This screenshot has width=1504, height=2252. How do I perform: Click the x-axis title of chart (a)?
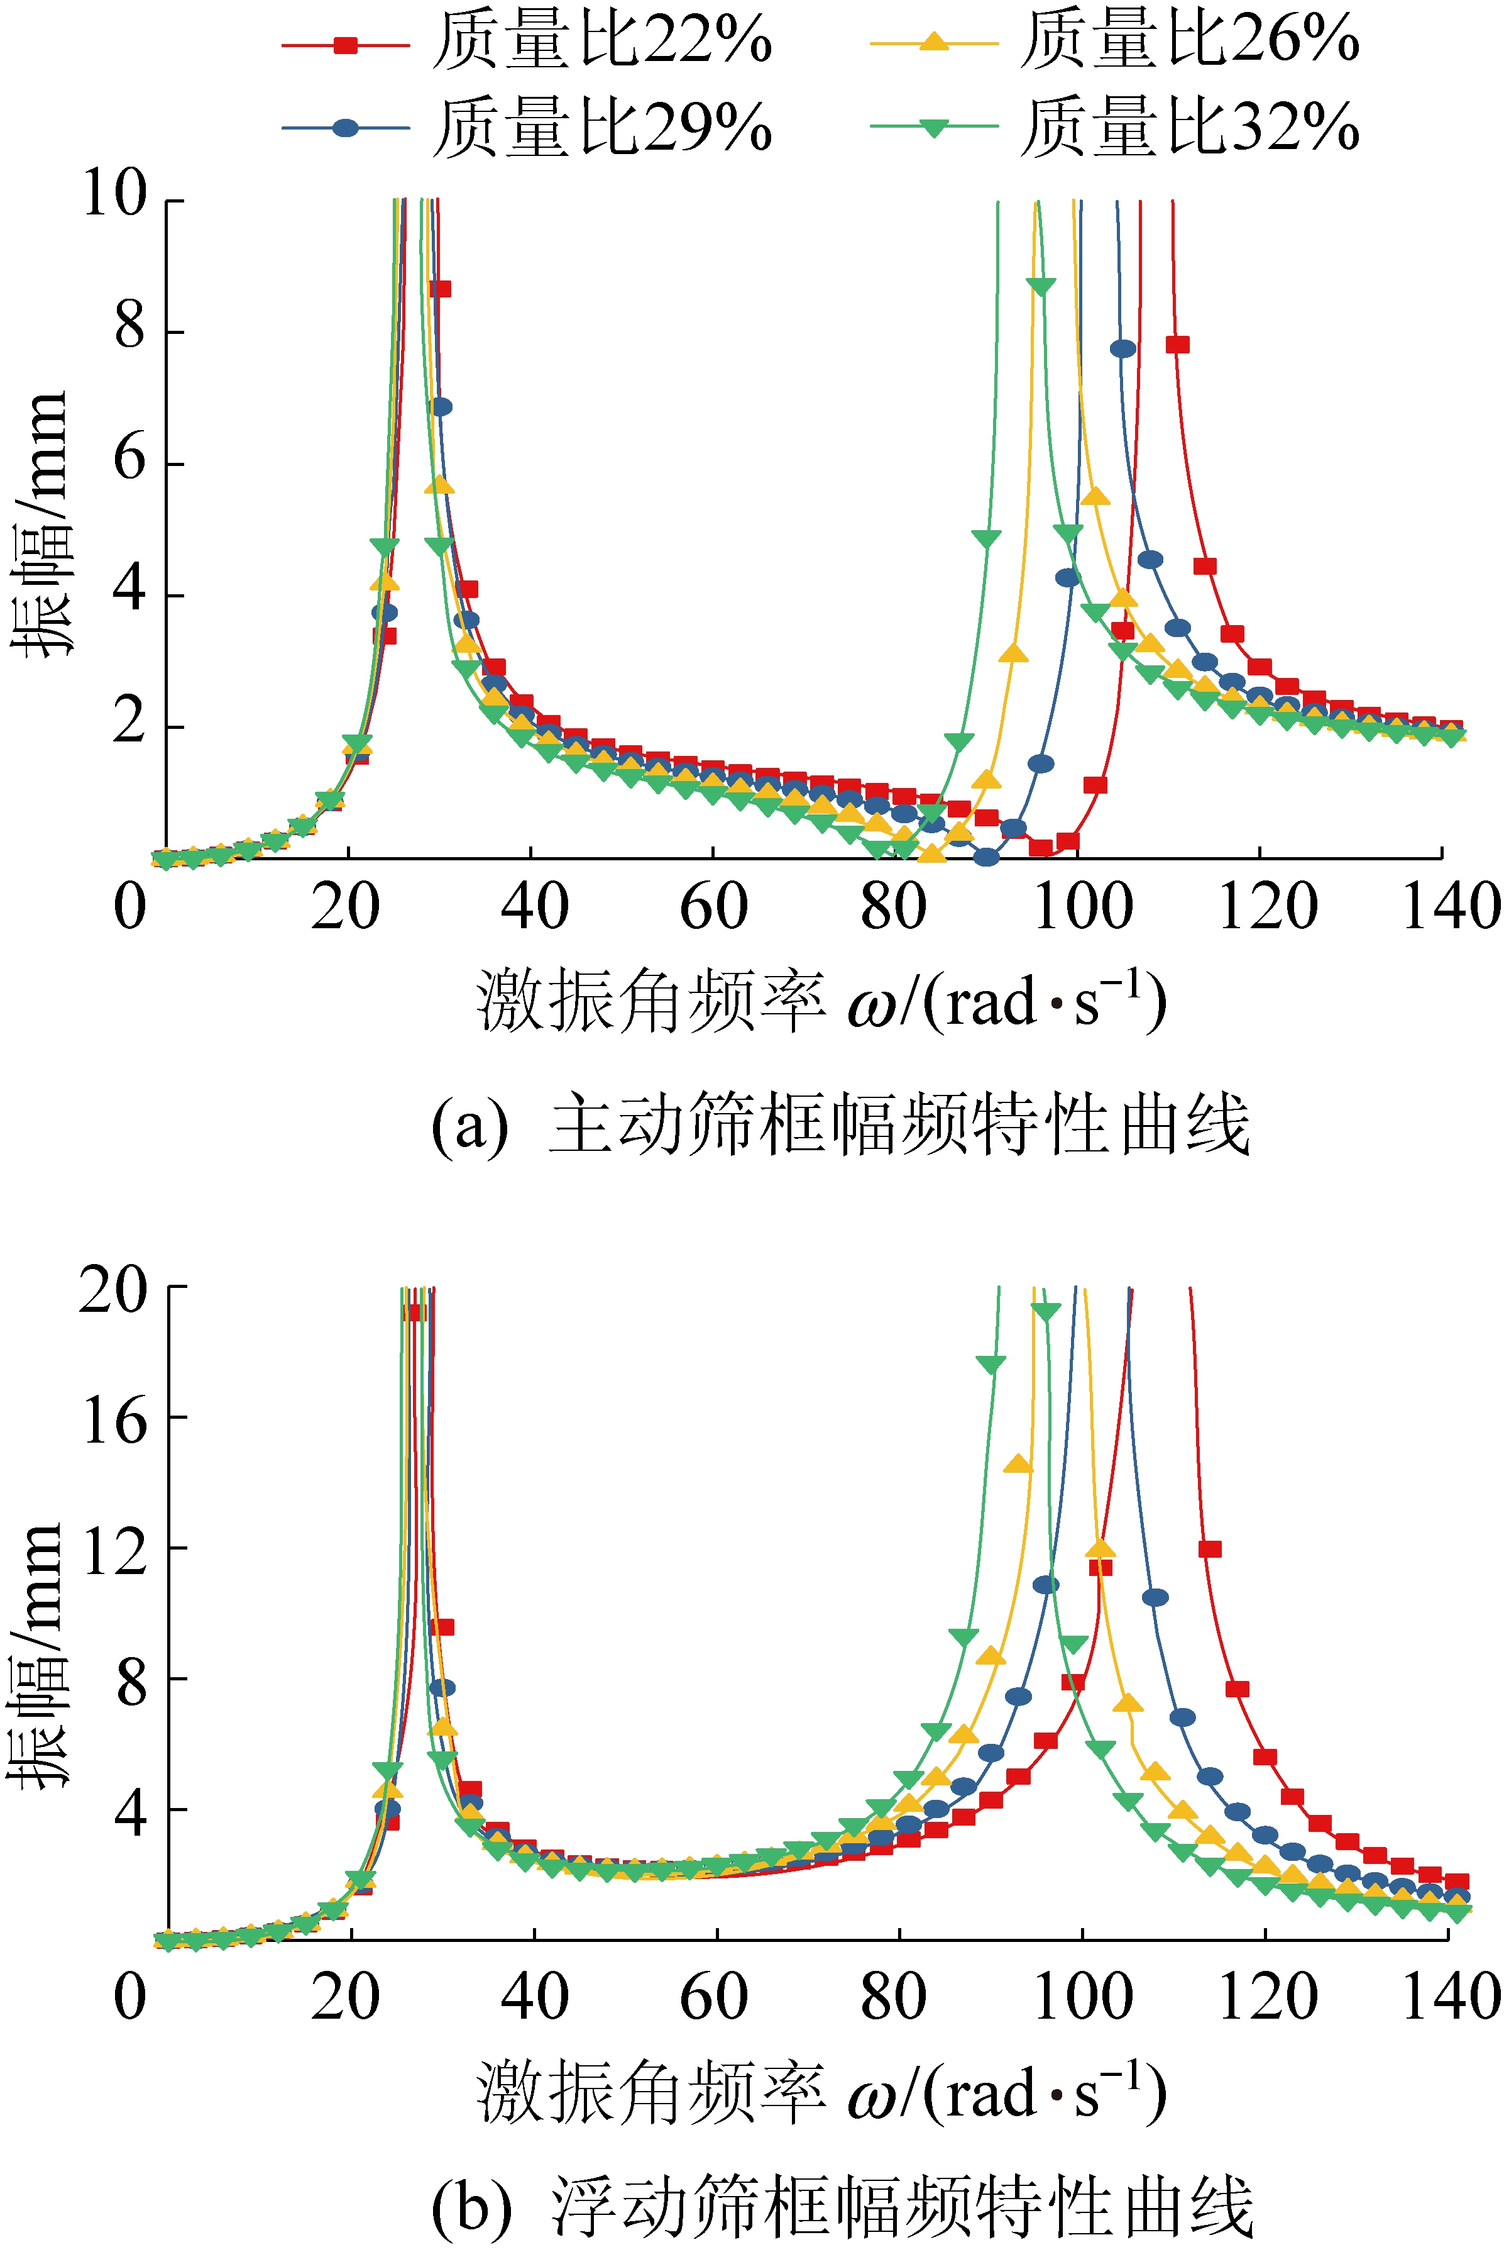pyautogui.click(x=821, y=1001)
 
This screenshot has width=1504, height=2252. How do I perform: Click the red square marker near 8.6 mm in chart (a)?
pyautogui.click(x=439, y=289)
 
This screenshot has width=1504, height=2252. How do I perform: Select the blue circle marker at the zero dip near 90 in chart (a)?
pyautogui.click(x=986, y=857)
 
